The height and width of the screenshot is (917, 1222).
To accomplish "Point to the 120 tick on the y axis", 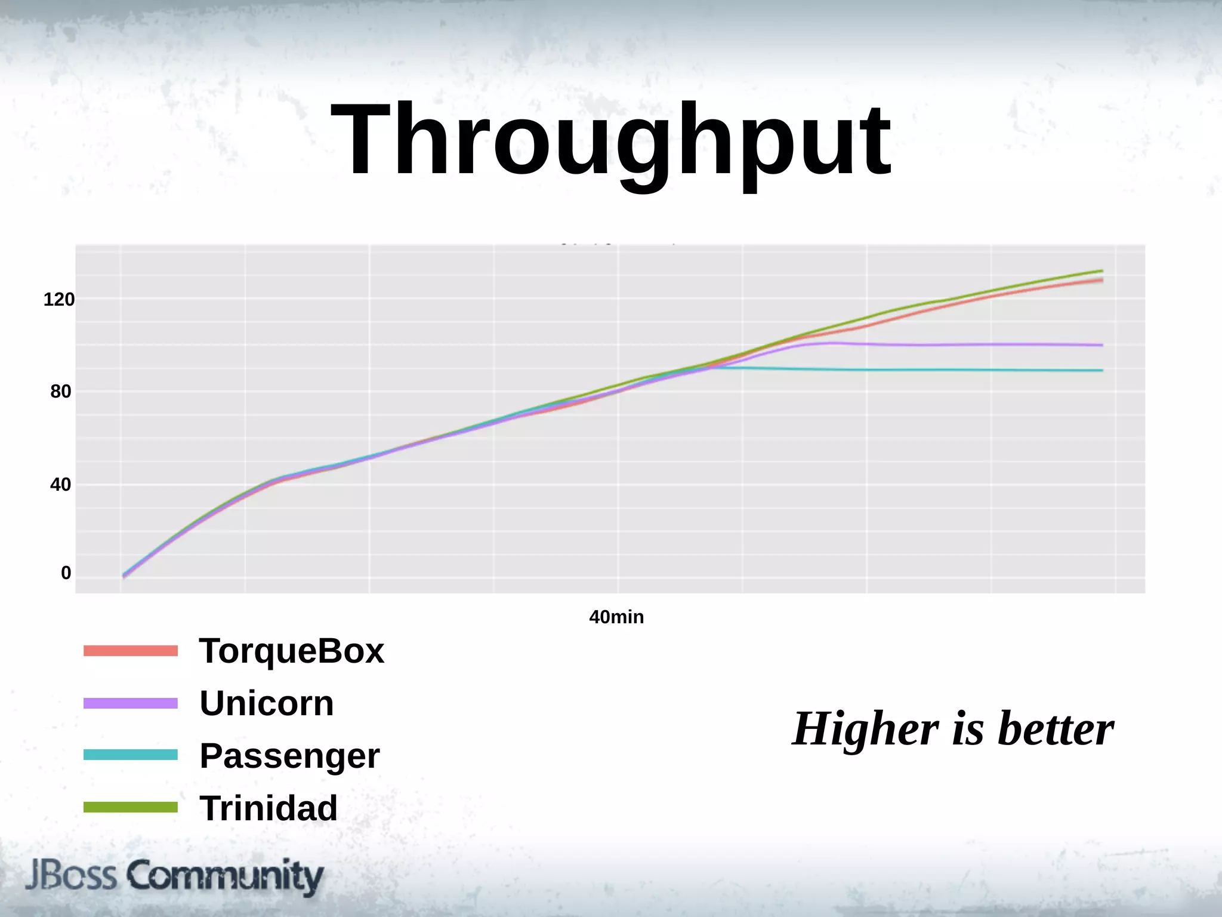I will click(59, 299).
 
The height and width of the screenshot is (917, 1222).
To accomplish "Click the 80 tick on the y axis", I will click(61, 392).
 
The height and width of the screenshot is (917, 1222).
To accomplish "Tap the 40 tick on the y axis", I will click(61, 484).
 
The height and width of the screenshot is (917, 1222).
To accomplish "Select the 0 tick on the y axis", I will click(66, 573).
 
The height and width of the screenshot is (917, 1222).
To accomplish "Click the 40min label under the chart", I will click(616, 617).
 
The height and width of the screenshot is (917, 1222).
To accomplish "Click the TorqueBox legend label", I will click(291, 651).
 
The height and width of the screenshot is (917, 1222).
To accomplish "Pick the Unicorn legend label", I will click(266, 703).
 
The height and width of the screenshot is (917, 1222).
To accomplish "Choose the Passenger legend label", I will click(289, 756).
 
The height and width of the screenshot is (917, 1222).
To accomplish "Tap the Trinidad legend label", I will click(269, 808).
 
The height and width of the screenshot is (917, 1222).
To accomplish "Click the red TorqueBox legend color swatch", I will click(131, 651).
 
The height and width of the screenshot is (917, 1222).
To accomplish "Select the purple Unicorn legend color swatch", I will click(131, 703).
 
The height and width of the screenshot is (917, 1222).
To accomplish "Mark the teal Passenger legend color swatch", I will click(131, 755).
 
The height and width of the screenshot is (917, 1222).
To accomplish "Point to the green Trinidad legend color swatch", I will click(131, 807).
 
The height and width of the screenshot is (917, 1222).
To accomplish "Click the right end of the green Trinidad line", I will click(1101, 271).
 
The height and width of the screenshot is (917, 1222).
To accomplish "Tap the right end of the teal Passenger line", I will click(1101, 370).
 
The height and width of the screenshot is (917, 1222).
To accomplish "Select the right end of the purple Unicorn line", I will click(1101, 345).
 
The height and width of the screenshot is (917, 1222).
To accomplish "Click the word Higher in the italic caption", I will click(865, 729).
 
